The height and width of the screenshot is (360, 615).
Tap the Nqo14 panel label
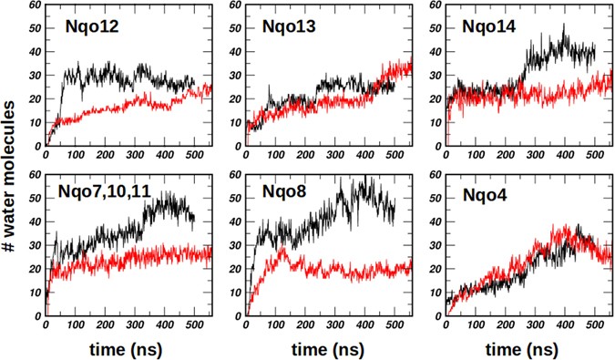489,26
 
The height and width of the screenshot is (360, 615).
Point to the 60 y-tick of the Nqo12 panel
35,6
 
